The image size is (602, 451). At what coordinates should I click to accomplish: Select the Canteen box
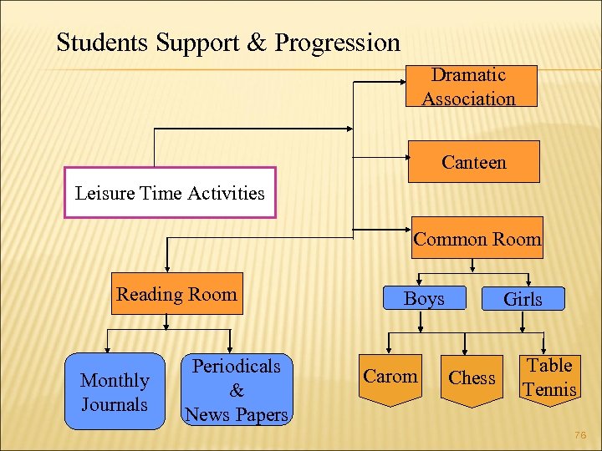[473, 162]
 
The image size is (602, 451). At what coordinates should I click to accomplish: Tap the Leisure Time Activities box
[170, 194]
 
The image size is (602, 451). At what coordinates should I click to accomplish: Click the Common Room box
[477, 238]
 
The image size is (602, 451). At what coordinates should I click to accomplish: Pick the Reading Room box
[176, 294]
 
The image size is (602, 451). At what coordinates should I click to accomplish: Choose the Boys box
[424, 299]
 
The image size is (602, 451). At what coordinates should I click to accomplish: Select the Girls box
[523, 299]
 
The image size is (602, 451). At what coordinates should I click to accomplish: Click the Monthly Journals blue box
[115, 393]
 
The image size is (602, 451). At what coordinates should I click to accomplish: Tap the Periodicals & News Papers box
[237, 390]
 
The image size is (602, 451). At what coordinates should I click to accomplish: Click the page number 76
[582, 434]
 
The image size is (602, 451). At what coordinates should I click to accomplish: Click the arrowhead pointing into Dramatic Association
[404, 83]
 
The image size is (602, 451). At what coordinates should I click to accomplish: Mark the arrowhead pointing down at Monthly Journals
[107, 351]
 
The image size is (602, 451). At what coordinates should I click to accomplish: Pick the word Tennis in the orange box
[549, 389]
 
